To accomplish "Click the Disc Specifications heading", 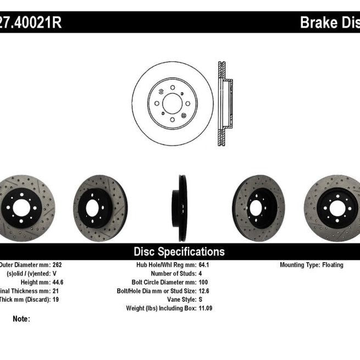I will pyautogui.click(x=179, y=252).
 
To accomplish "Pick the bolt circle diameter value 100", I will pyautogui.click(x=203, y=282).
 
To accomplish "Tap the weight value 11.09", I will pyautogui.click(x=206, y=308).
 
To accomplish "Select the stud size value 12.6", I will pyautogui.click(x=203, y=291).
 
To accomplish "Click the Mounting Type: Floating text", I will pyautogui.click(x=311, y=265).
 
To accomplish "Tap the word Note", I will pyautogui.click(x=21, y=318).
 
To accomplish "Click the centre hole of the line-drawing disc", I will pyautogui.click(x=173, y=103).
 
